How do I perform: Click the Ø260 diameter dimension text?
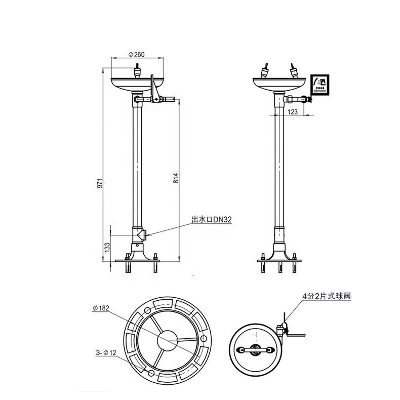click(x=136, y=54)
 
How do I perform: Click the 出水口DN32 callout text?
click(x=211, y=220)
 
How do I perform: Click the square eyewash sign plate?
click(x=320, y=84)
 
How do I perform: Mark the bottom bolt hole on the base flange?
click(x=150, y=373)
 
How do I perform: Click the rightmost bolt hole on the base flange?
click(x=204, y=338)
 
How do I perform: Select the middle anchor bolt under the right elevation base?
click(x=279, y=266)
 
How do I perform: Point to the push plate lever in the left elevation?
click(x=153, y=86)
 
